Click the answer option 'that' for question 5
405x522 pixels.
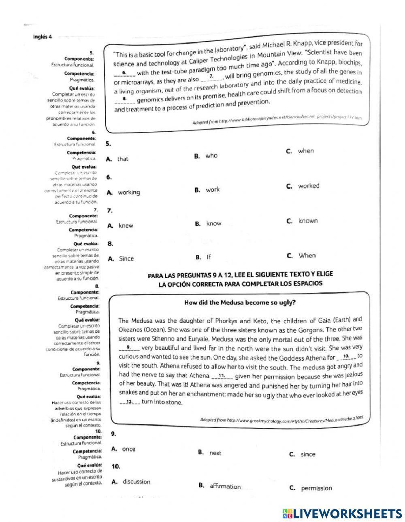click(x=122, y=159)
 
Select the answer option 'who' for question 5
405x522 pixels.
click(x=211, y=156)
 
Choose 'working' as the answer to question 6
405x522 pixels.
click(x=128, y=192)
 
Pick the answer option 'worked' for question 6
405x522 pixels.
click(x=309, y=186)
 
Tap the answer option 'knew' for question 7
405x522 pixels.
click(x=126, y=226)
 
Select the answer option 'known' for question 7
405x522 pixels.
click(x=308, y=221)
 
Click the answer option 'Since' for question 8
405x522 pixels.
click(x=126, y=259)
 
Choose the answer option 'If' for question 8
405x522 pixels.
click(x=209, y=257)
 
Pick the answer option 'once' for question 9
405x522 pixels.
click(x=128, y=449)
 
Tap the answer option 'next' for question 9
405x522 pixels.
click(x=215, y=453)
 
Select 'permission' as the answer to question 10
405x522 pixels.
click(x=316, y=488)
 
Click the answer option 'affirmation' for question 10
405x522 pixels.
click(x=225, y=486)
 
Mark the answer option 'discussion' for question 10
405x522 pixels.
click(x=136, y=482)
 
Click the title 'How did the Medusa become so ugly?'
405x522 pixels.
click(x=240, y=302)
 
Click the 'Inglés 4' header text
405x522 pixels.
click(x=43, y=37)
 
